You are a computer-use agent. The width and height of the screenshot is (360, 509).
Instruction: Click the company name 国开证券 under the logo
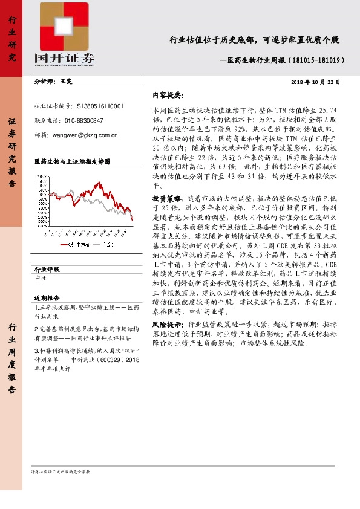coord(65,58)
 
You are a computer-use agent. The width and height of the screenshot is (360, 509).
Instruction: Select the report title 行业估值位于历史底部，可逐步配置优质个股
coord(254,41)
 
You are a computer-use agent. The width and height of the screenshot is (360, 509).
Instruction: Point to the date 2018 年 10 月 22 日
coord(315,82)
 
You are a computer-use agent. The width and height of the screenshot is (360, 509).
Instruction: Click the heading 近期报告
coord(47,298)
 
